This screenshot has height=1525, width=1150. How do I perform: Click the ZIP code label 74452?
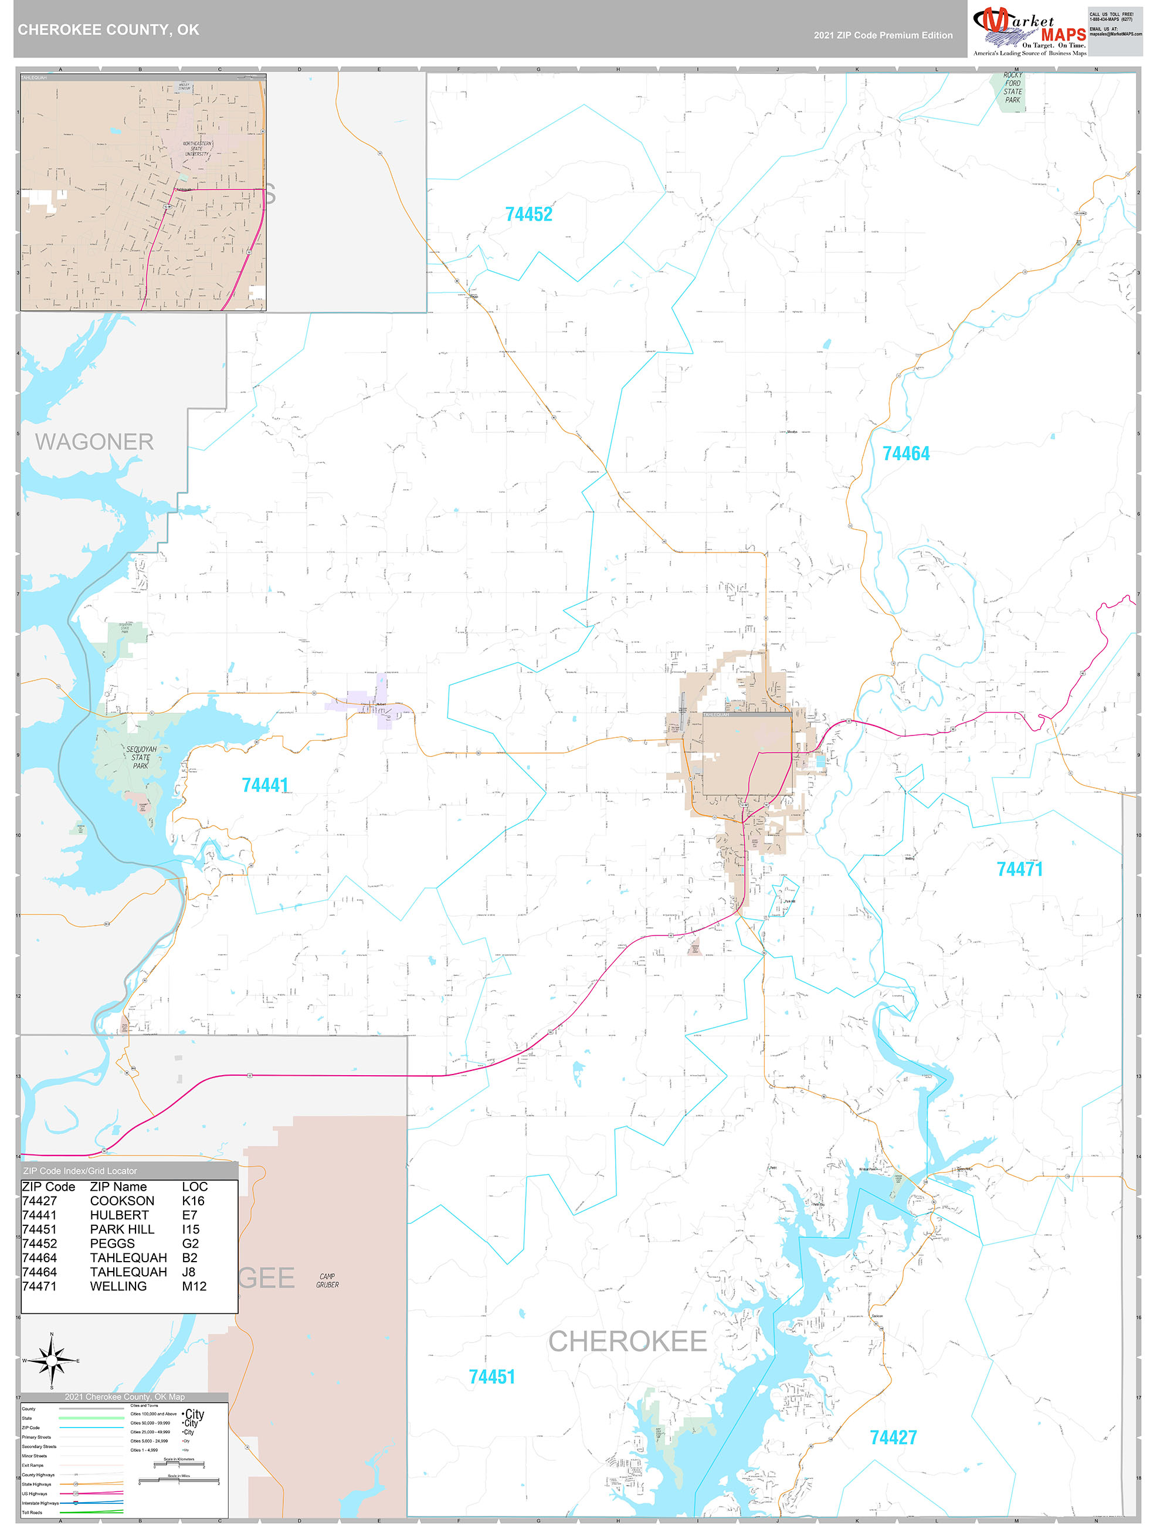(x=529, y=215)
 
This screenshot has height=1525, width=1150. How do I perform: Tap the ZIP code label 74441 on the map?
(x=264, y=785)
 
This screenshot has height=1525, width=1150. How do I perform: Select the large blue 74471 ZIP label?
(x=1019, y=869)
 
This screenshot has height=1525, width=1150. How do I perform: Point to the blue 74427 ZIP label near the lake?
(x=893, y=1438)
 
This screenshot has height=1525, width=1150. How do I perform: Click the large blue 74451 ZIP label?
(x=491, y=1377)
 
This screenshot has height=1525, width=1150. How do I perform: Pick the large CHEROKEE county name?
(x=627, y=1341)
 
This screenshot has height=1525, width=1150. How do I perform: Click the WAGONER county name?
(x=94, y=442)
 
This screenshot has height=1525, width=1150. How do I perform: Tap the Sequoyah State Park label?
(x=141, y=757)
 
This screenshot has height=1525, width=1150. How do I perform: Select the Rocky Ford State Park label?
(x=1012, y=87)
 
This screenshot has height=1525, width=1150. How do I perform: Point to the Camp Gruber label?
(x=327, y=1280)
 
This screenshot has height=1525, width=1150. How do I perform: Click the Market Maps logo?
(x=1029, y=29)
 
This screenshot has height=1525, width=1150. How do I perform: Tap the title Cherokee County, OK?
(x=108, y=30)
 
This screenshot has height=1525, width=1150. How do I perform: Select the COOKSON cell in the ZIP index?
(x=122, y=1200)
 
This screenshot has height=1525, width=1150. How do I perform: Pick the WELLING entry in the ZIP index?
(x=118, y=1286)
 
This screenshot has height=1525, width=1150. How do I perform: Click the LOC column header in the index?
(x=195, y=1187)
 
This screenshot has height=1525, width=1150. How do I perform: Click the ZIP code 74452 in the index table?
(x=39, y=1243)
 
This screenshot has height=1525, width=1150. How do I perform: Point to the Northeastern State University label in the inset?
(x=197, y=148)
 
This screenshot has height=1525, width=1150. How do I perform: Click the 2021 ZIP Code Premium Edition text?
(x=883, y=35)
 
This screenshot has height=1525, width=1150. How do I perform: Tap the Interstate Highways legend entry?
(x=35, y=1503)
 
